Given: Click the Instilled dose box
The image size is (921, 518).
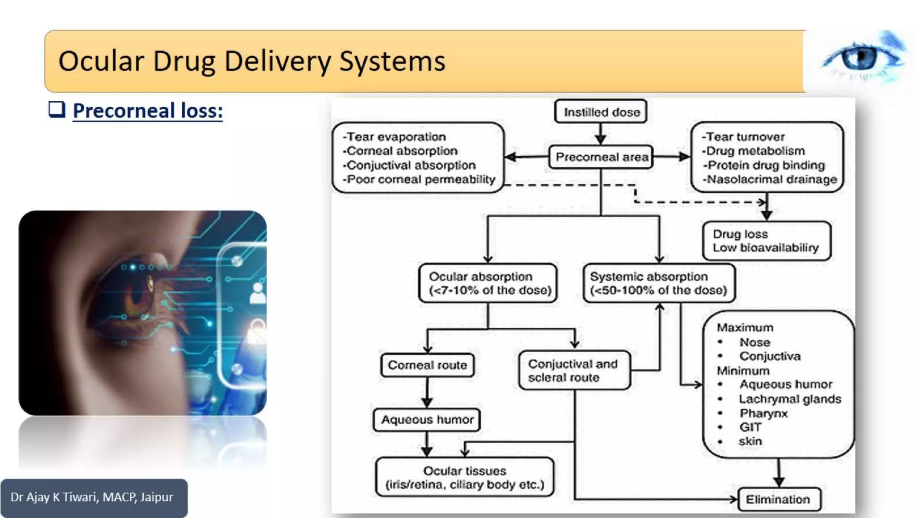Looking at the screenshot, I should (x=601, y=112).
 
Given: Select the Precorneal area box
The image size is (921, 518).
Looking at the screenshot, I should (x=601, y=157).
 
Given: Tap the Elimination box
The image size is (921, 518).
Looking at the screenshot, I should (x=779, y=499).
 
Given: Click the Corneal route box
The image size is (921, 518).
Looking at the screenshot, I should (x=427, y=365).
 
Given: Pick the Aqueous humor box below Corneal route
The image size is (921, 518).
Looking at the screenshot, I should (x=427, y=420).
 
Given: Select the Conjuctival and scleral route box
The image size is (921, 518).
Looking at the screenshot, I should (x=574, y=371).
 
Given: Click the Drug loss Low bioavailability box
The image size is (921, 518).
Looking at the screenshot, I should (x=766, y=241).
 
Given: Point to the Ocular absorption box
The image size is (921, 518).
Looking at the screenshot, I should (x=488, y=283).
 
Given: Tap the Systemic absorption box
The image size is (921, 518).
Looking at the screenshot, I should (x=659, y=283).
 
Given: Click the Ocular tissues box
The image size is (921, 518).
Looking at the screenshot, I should (x=465, y=478).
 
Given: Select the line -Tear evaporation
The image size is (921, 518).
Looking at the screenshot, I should (x=394, y=137).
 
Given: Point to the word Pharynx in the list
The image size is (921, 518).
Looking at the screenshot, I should (x=764, y=413).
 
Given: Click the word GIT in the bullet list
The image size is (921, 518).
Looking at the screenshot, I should (x=750, y=427).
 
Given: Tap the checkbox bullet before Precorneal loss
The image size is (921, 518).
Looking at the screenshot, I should (x=57, y=109).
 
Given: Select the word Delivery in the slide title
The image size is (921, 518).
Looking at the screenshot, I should (x=277, y=61).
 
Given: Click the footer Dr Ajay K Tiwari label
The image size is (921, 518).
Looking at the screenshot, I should (x=92, y=497).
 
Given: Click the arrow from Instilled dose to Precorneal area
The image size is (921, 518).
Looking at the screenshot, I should (x=601, y=134).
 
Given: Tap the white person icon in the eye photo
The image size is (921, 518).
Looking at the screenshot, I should (x=258, y=293).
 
